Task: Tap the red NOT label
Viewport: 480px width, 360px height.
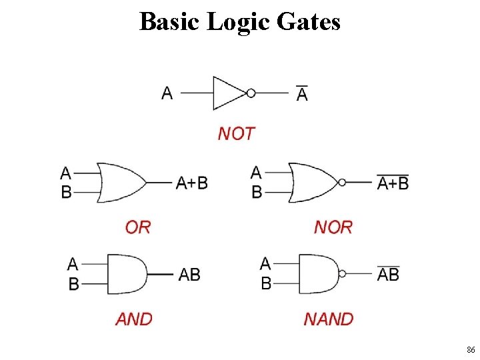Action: pos(236,134)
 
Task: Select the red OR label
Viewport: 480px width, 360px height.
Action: pos(138,227)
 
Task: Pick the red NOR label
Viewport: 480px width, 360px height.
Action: pos(333,227)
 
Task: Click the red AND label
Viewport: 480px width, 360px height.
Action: pos(134,319)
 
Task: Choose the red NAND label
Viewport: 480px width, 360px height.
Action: pos(329,319)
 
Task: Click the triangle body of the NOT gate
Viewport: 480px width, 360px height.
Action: pos(227,93)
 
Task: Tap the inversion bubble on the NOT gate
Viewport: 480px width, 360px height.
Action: pos(251,93)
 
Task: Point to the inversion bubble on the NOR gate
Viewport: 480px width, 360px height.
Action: pos(342,182)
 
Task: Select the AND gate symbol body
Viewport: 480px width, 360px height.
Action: pos(127,273)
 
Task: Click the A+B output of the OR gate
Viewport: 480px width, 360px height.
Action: pos(192,183)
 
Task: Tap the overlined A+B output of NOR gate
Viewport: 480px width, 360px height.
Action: pos(393,182)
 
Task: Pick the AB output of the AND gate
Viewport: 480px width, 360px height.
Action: pos(189,274)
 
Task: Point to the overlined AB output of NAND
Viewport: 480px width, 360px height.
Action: pos(388,273)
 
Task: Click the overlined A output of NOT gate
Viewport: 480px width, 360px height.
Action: pos(302,94)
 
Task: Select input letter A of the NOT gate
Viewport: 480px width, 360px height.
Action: pos(167,93)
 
